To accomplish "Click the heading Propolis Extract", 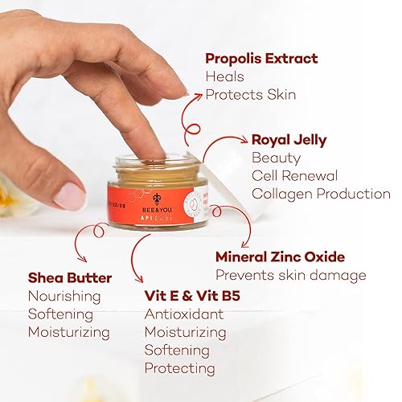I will [x=261, y=59].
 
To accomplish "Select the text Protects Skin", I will [x=250, y=95].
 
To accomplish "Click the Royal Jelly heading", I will [x=289, y=140].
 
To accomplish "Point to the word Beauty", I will [x=276, y=158].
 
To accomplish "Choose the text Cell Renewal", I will [x=294, y=175].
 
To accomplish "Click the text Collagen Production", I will [x=321, y=194].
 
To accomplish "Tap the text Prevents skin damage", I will [x=290, y=276].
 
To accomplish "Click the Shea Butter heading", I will [x=70, y=277].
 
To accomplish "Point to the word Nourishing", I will [x=64, y=296].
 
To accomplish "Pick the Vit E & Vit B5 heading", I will [x=192, y=295].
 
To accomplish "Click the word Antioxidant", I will [x=183, y=314].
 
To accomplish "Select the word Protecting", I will [x=179, y=368].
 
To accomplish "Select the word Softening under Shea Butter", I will [x=62, y=314].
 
